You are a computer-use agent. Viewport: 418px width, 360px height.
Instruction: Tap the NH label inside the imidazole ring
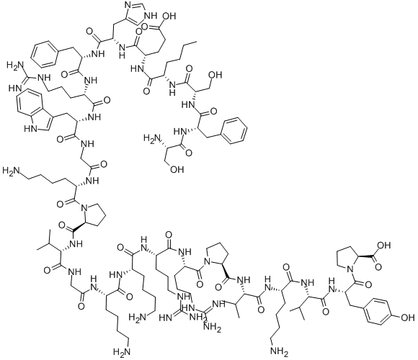150,16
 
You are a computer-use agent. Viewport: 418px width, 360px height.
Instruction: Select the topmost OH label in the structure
169,17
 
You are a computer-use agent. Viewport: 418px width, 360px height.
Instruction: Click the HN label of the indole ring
30,129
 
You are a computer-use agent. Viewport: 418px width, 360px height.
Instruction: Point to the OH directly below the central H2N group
177,169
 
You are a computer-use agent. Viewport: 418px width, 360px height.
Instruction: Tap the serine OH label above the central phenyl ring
215,75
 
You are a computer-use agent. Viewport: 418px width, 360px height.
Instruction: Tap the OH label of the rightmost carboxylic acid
384,245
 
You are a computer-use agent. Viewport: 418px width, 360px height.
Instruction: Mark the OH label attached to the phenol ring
408,318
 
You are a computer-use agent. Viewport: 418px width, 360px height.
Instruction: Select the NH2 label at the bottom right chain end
280,353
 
